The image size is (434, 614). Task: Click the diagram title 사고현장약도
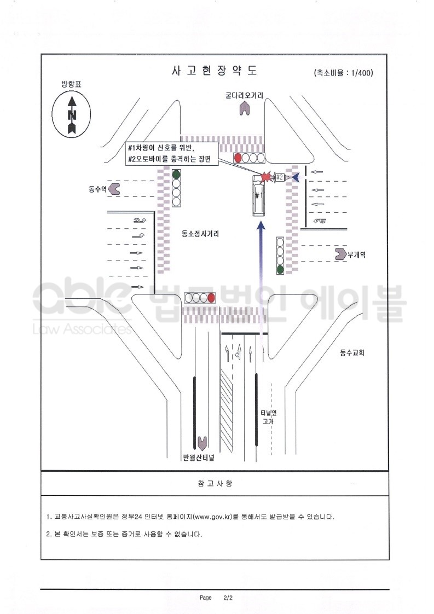(215, 71)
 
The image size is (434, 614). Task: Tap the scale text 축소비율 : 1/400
(344, 73)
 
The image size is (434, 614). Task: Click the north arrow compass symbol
(71, 114)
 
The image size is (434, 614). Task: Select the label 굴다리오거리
(244, 95)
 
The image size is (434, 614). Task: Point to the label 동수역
(97, 189)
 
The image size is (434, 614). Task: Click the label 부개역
(356, 255)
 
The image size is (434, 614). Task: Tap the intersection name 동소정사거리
(200, 234)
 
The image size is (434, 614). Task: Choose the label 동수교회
(352, 352)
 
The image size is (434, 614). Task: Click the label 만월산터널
(199, 457)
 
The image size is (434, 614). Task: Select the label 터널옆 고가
(268, 417)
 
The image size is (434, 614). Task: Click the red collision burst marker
(266, 177)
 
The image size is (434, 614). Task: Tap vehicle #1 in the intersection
(258, 196)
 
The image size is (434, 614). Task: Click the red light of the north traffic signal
(238, 158)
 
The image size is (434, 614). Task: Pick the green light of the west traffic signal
(177, 173)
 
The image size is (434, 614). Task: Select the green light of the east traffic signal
(280, 269)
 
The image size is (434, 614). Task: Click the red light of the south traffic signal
(211, 298)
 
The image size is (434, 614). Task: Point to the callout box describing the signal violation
(171, 153)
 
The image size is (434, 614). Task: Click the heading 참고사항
(215, 484)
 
